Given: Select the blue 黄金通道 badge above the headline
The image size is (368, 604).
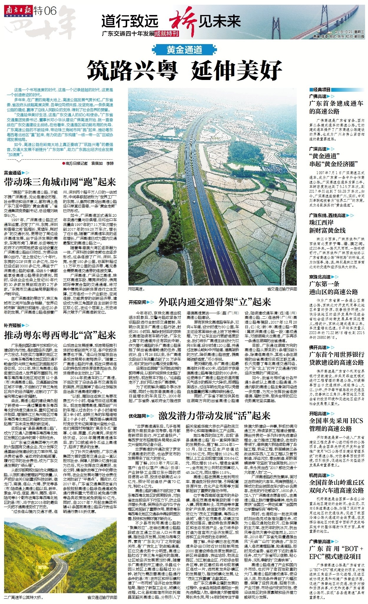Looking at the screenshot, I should tap(184, 50).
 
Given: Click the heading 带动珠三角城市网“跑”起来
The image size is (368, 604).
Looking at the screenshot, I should tap(60, 182).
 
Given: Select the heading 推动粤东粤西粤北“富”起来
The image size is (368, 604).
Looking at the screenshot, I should tap(60, 335).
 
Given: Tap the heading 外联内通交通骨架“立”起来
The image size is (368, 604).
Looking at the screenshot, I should tap(215, 302).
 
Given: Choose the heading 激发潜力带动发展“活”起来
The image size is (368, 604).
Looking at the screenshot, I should tap(214, 416).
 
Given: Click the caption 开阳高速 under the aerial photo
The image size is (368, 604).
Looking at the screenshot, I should tap(136, 289).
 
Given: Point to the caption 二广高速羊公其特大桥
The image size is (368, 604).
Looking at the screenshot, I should tap(24, 598).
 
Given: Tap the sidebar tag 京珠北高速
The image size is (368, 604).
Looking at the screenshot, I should tap(320, 277).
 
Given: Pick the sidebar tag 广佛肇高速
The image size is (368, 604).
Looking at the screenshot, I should tap(320, 541).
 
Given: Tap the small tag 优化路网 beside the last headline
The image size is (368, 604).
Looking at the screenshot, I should tap(137, 416).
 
